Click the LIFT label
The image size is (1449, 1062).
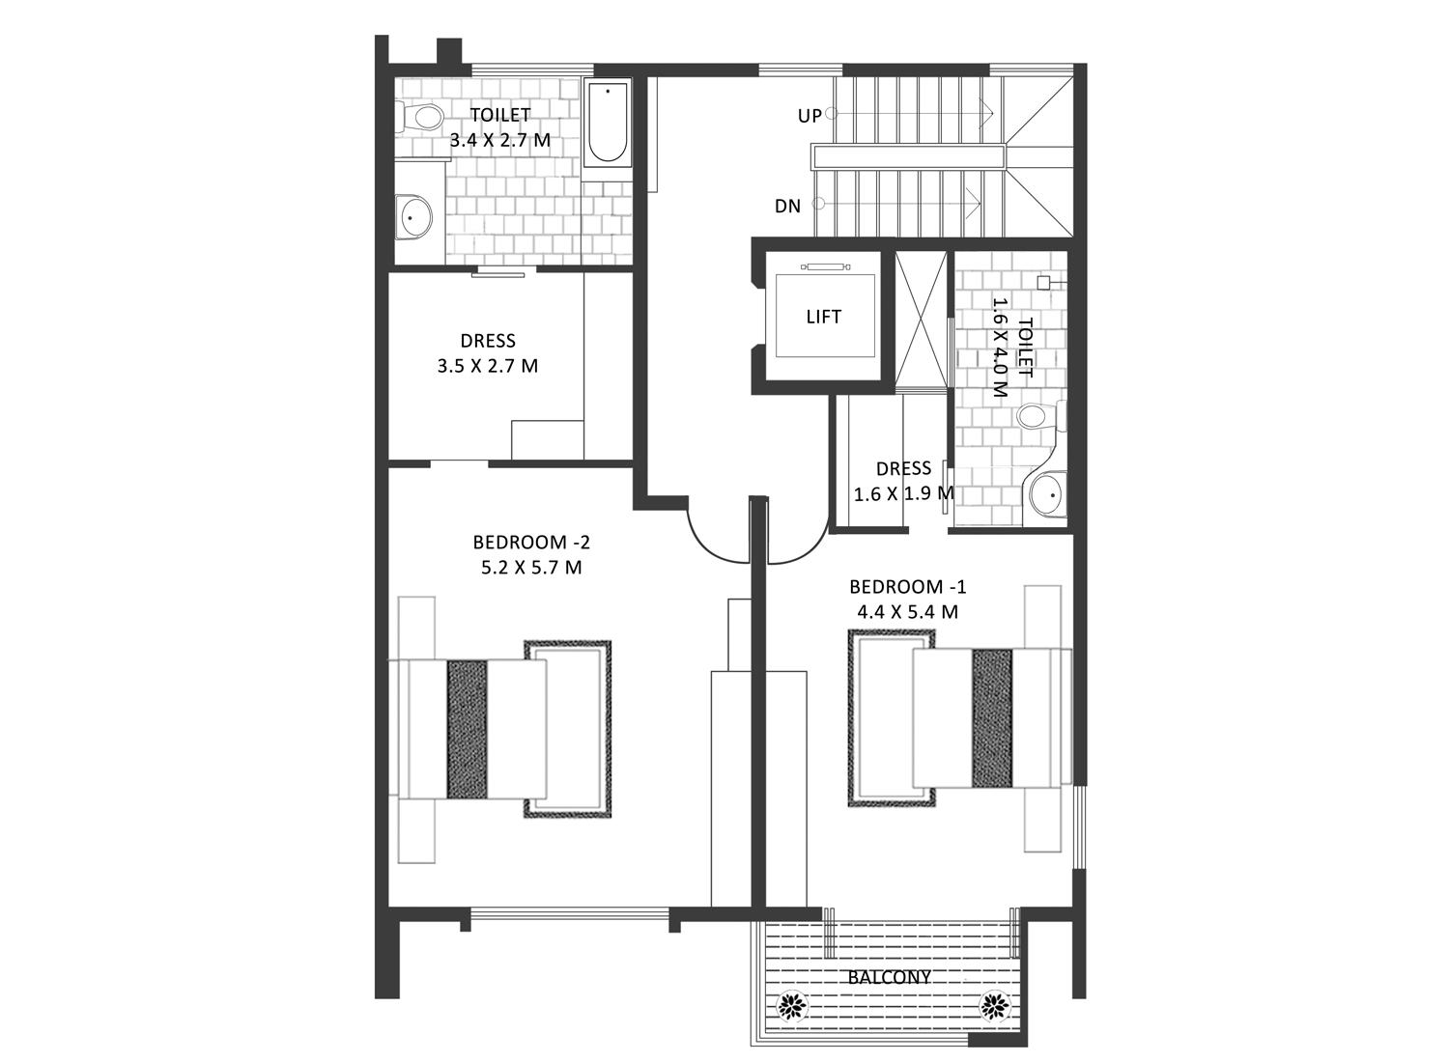823,317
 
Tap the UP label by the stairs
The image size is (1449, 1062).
810,117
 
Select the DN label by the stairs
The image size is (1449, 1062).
788,207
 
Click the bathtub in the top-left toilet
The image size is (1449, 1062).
608,123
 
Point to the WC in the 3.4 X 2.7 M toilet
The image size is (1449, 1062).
419,118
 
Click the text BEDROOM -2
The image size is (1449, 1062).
531,542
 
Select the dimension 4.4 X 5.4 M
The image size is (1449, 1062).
908,611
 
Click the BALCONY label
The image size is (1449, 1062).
890,977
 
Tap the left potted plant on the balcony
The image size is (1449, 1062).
792,1006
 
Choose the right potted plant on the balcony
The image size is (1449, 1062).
994,1006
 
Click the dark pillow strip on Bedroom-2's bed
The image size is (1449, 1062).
467,729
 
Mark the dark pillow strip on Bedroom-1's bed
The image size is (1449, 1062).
992,718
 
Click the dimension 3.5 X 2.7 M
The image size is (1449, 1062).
488,367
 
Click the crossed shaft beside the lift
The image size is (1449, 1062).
921,320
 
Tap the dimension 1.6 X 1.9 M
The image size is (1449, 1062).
903,494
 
